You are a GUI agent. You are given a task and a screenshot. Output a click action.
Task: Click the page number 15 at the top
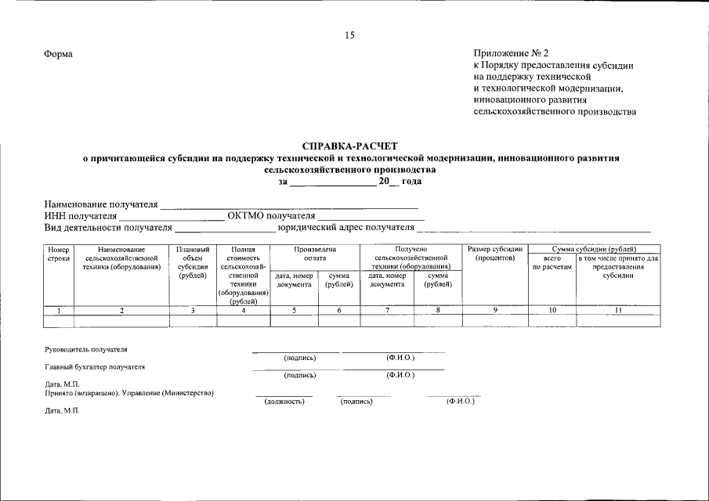[x=349, y=35]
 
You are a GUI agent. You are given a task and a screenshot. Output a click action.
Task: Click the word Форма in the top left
[x=59, y=54]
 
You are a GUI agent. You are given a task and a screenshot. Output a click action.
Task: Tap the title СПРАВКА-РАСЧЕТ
[x=350, y=146]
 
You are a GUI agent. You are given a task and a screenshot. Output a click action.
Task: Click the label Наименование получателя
[x=101, y=204]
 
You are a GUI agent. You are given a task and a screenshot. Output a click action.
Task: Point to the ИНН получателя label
[x=81, y=216]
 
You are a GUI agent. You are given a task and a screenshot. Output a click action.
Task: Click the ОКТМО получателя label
[x=271, y=216]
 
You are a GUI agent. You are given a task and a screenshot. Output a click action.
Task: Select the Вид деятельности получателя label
[x=107, y=228]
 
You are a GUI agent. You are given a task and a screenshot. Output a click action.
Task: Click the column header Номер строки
[x=59, y=254]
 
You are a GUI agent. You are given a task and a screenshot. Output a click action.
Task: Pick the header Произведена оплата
[x=315, y=254]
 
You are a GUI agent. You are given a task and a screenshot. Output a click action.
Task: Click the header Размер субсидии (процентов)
[x=495, y=254]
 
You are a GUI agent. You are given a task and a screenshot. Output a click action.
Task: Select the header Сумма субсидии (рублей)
[x=594, y=249]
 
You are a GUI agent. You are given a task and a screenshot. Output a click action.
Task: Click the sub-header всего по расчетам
[x=552, y=262]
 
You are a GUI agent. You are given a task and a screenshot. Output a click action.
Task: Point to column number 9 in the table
[x=495, y=311]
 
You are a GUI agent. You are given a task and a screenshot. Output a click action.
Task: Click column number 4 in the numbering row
[x=243, y=311]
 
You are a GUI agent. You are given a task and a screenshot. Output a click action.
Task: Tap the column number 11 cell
[x=617, y=311]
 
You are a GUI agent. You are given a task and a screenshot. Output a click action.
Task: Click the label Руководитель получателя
[x=85, y=349]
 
